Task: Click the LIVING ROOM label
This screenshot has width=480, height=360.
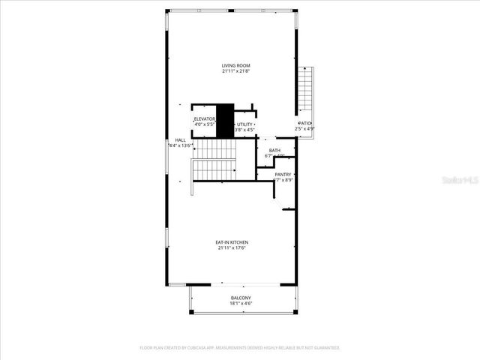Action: (x=235, y=66)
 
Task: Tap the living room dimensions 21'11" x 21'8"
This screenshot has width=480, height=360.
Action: (x=235, y=71)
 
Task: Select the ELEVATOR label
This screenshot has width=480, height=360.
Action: (x=205, y=119)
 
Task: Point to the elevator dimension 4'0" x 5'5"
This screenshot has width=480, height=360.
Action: (x=205, y=124)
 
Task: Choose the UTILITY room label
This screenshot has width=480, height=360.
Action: (x=245, y=125)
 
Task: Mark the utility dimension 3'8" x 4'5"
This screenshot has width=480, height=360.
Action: (x=245, y=130)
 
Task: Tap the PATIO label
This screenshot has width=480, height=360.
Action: (x=305, y=123)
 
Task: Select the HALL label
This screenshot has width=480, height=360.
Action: (x=180, y=139)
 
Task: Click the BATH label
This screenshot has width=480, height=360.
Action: (x=275, y=151)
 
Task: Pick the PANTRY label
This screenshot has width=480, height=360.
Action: (x=283, y=175)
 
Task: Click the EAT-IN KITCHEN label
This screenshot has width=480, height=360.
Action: (x=232, y=242)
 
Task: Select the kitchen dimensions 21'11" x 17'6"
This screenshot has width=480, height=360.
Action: (x=232, y=247)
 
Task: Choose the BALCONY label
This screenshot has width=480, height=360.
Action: (x=241, y=298)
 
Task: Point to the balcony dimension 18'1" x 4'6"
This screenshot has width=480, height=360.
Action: (x=241, y=304)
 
